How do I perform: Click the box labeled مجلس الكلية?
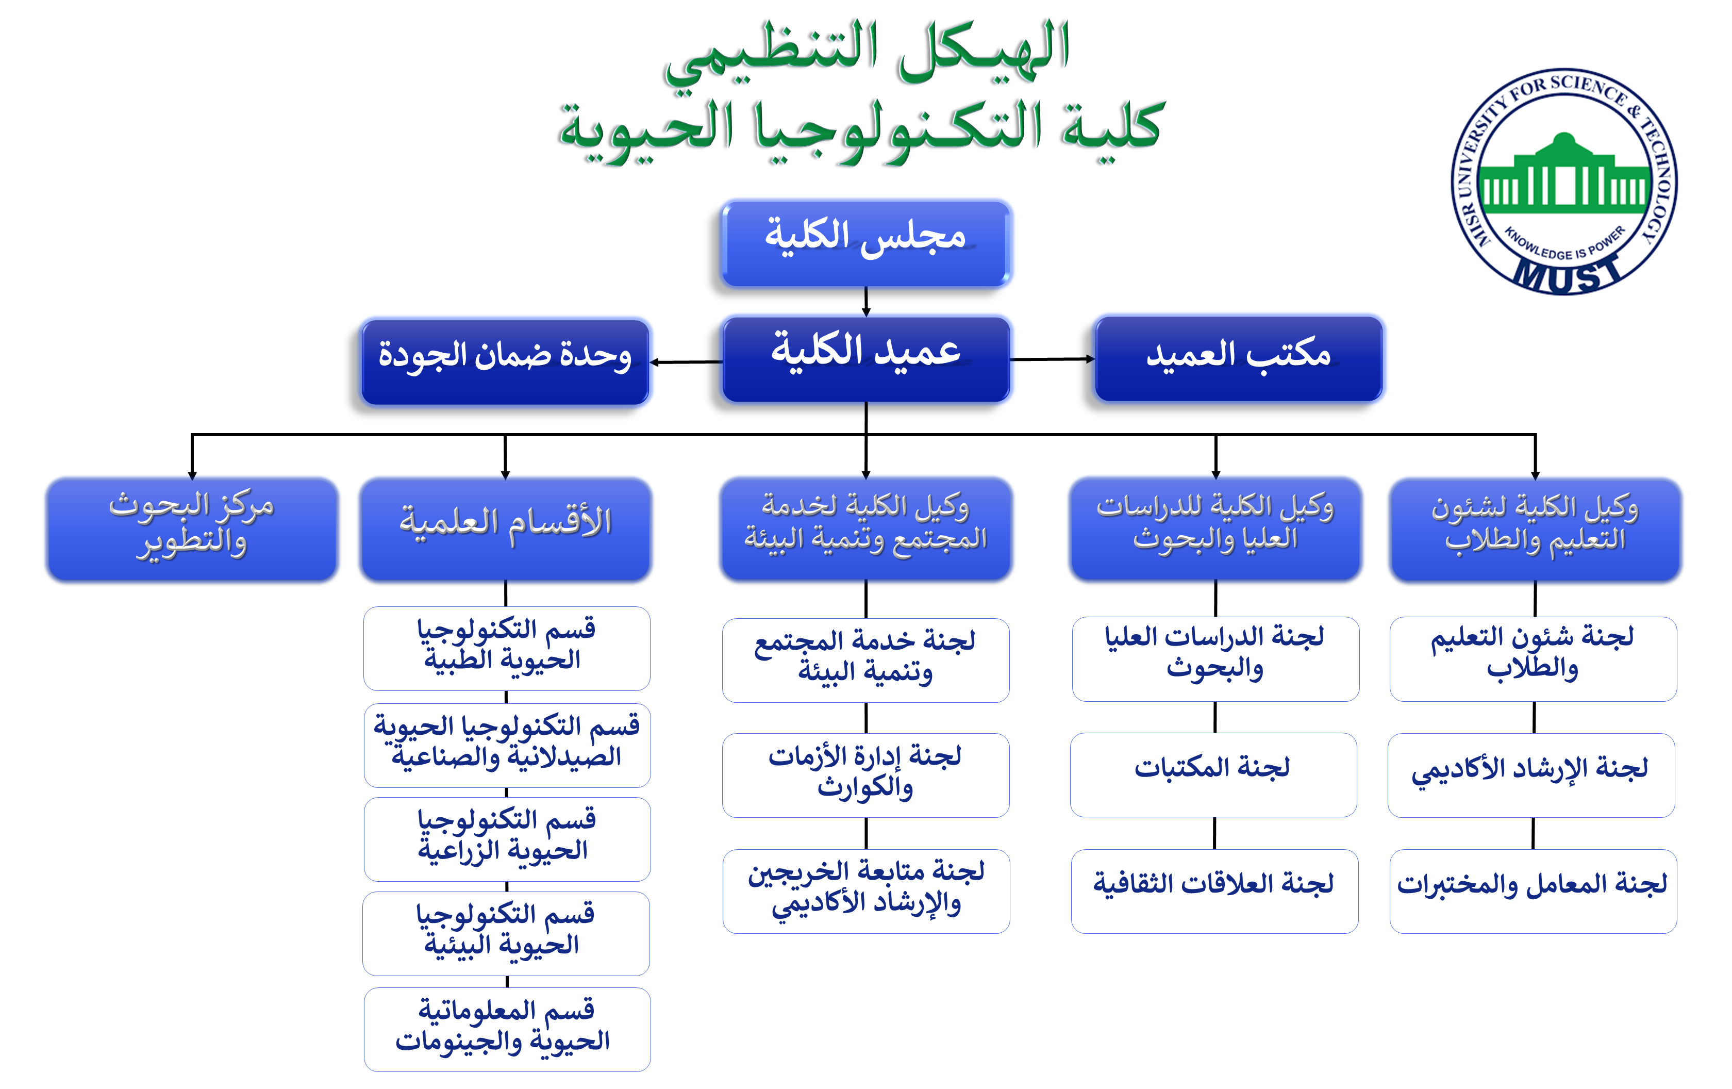pos(865,243)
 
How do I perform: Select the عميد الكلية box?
pos(866,359)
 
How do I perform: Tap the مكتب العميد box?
pos(1238,358)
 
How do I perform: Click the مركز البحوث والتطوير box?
pos(192,529)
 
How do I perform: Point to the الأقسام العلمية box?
pos(506,529)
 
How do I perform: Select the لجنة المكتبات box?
pos(1213,774)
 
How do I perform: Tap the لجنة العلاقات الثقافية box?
pos(1214,891)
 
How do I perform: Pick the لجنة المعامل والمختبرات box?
pos(1533,891)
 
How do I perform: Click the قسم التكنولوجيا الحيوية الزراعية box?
pos(507,839)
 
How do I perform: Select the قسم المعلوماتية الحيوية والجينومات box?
pos(507,1029)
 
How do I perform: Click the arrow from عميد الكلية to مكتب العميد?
pos(1052,359)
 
